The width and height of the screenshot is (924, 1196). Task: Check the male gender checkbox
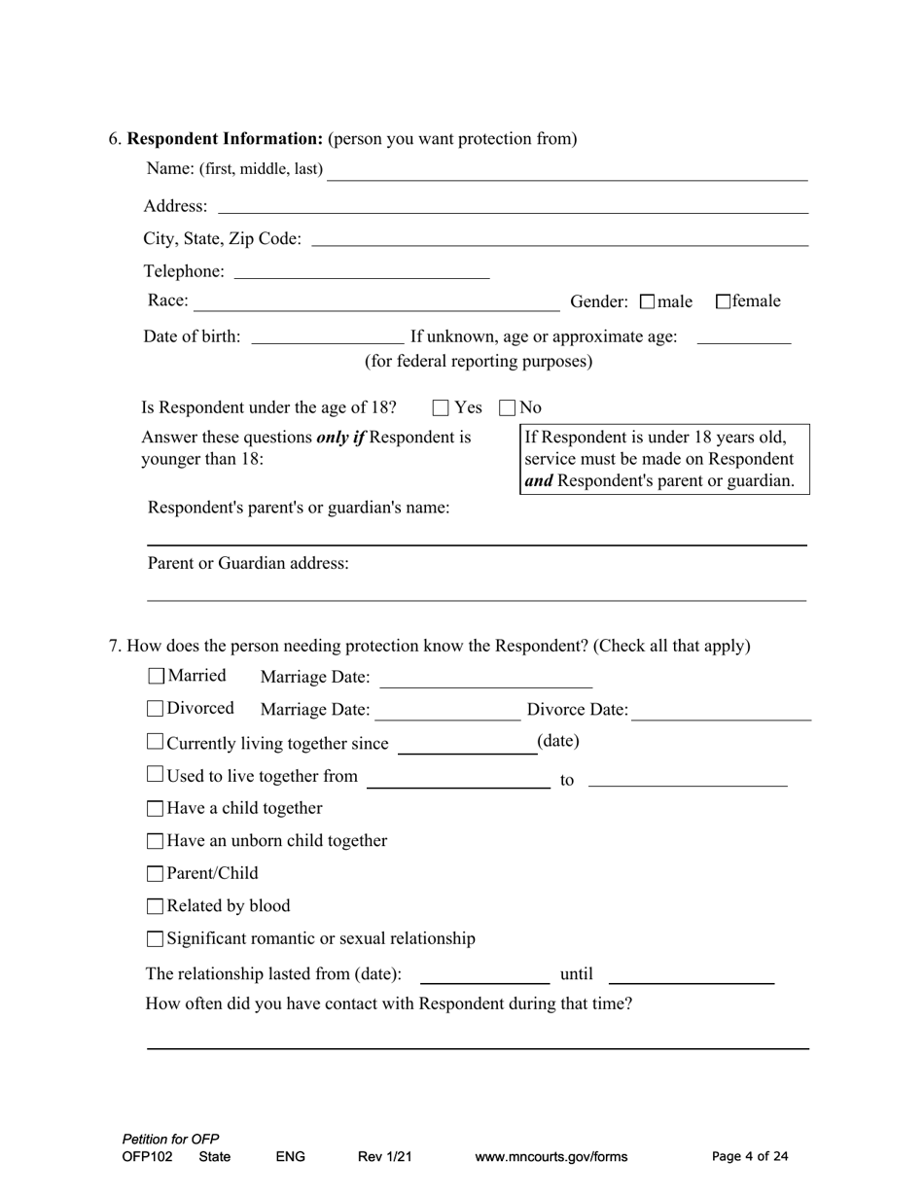(x=649, y=302)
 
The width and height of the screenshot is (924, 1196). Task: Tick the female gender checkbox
(x=724, y=301)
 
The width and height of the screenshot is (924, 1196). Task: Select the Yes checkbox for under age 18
(x=442, y=408)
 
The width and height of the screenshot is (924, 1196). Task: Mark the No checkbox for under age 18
(x=508, y=408)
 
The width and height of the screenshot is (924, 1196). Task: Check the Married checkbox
(x=157, y=676)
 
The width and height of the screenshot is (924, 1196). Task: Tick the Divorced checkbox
(x=157, y=709)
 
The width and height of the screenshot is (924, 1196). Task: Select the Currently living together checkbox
(x=156, y=742)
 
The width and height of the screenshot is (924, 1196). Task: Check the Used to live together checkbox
(x=156, y=775)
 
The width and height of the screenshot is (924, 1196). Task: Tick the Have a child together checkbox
(x=156, y=809)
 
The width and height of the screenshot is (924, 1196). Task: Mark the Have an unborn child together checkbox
(x=156, y=841)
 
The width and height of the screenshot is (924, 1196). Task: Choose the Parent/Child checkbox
(x=156, y=874)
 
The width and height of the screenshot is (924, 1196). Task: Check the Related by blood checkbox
(x=156, y=907)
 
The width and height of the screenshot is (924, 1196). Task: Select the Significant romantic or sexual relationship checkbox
(x=156, y=939)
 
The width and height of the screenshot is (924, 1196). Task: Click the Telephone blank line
(x=362, y=272)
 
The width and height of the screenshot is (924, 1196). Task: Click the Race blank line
(x=376, y=304)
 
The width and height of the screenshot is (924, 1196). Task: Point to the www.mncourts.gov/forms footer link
(x=551, y=1157)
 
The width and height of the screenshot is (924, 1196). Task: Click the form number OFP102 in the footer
(x=148, y=1157)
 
